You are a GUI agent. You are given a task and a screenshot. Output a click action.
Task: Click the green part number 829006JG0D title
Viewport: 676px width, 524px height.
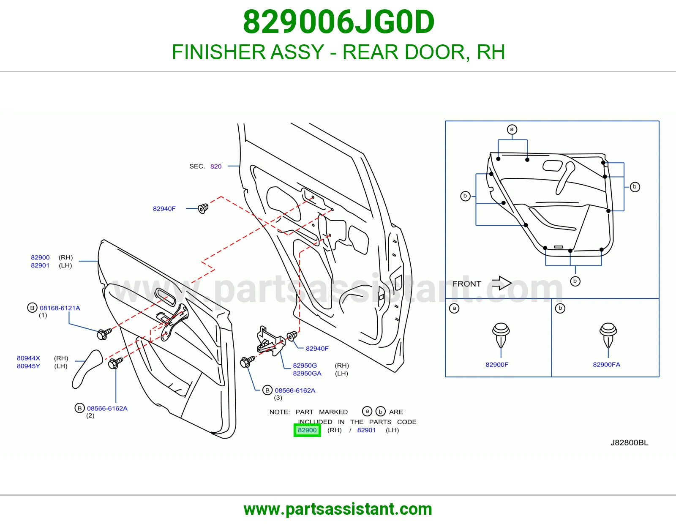[338, 22]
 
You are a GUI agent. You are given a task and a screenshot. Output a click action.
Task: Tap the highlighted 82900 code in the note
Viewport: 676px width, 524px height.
[307, 430]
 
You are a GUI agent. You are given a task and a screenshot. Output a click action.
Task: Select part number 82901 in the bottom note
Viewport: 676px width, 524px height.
[366, 430]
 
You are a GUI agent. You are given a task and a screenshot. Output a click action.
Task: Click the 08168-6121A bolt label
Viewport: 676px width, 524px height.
[60, 308]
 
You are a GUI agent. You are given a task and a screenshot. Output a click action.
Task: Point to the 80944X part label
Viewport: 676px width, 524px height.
[28, 358]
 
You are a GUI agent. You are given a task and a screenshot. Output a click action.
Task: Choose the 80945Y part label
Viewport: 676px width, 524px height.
[28, 366]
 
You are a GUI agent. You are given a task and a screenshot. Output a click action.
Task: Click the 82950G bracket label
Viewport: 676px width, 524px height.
[305, 365]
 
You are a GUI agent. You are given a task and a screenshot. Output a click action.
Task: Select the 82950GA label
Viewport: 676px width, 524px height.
[307, 374]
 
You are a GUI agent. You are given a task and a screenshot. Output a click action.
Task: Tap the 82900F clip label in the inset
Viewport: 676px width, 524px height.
[497, 365]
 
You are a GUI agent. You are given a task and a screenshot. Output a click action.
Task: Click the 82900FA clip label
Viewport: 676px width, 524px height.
[606, 365]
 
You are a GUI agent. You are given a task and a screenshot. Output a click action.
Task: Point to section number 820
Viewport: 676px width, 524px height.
[216, 166]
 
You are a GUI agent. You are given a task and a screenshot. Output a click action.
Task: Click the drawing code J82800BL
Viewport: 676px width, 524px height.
[630, 443]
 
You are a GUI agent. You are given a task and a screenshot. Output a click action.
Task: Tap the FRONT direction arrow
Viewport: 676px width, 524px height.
[502, 283]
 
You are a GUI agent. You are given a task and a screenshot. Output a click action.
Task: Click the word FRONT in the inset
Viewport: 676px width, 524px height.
[466, 284]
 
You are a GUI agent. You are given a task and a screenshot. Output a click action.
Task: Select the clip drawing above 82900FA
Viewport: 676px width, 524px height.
[608, 336]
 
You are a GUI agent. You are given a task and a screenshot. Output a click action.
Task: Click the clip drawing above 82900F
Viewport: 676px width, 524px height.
[501, 336]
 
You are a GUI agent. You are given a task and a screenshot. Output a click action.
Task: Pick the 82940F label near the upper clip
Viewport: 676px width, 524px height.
[164, 209]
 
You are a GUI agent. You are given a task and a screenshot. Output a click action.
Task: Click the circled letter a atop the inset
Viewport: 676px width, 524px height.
[512, 129]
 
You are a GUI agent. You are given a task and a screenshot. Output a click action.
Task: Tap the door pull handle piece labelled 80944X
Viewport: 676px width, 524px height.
[87, 369]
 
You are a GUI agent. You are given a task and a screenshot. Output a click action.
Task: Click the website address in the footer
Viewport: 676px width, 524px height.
[338, 509]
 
